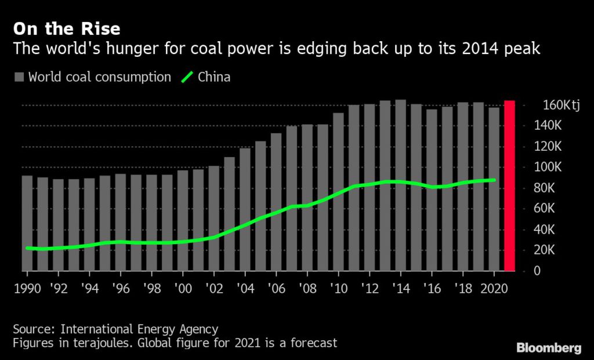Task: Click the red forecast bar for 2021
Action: pyautogui.click(x=509, y=186)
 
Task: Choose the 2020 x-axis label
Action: pyautogui.click(x=493, y=289)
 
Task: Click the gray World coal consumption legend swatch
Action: pyautogui.click(x=19, y=77)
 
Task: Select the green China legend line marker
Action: pyautogui.click(x=187, y=77)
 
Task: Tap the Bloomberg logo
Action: pyautogui.click(x=549, y=348)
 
